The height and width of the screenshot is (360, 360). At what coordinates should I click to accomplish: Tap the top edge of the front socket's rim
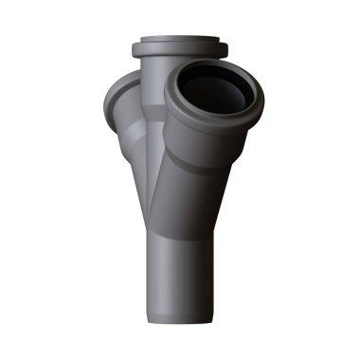coord(210,67)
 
